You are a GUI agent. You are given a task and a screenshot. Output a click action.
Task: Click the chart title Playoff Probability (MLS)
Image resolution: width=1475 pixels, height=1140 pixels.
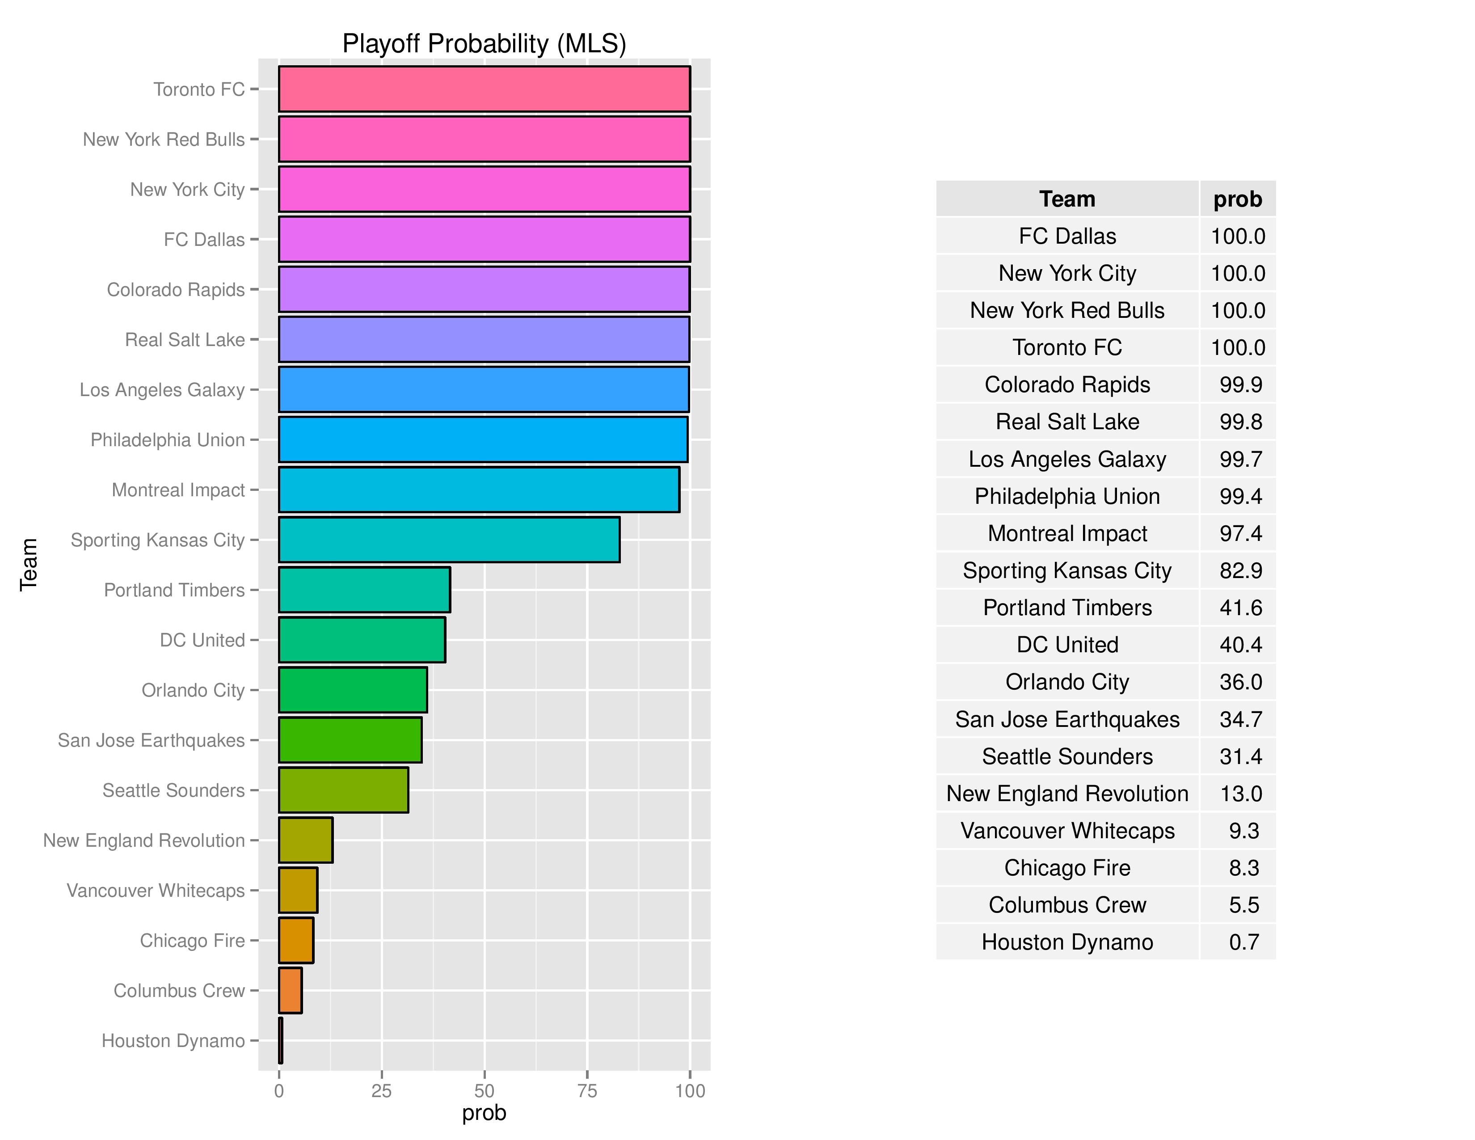pos(484,44)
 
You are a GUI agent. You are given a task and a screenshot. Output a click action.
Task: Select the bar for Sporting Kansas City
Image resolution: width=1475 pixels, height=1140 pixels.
pos(449,540)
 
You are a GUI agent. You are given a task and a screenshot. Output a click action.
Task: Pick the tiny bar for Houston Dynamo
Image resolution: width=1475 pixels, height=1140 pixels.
pos(280,1041)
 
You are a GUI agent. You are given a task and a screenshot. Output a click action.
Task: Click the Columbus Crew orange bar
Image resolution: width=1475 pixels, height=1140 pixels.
pos(291,990)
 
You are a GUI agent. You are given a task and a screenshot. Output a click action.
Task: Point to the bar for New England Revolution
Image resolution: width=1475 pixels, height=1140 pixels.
pos(305,840)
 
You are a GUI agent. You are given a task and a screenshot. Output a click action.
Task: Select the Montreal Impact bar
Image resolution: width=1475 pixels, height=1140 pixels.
pos(479,490)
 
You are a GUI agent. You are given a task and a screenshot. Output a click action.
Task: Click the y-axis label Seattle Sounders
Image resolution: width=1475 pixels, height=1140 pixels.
pos(173,790)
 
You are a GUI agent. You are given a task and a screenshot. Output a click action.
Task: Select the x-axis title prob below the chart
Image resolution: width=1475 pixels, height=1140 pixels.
pos(484,1113)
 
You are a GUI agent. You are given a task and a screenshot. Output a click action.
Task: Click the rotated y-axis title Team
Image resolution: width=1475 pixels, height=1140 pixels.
pos(28,565)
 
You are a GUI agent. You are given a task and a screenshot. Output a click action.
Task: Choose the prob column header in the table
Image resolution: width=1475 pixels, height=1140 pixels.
pos(1237,199)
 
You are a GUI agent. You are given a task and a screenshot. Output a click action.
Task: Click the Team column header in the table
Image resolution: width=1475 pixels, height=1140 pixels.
pos(1067,199)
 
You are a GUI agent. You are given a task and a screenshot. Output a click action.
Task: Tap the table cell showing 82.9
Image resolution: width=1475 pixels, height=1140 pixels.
pos(1240,571)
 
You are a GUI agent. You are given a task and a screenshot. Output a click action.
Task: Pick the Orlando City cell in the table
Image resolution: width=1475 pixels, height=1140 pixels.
pos(1067,682)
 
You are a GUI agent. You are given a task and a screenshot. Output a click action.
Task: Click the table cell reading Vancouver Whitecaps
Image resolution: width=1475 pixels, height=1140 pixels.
pos(1067,831)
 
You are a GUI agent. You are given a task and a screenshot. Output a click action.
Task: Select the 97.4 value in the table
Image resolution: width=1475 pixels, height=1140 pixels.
pos(1240,533)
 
